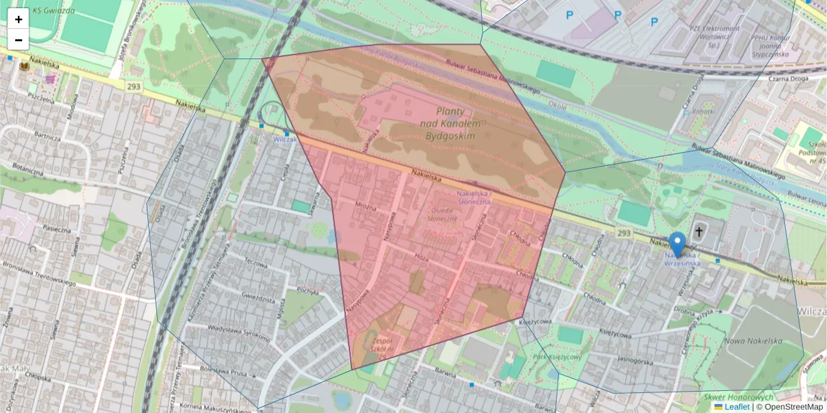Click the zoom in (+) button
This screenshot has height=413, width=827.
(19, 19)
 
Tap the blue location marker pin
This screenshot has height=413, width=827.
(678, 244)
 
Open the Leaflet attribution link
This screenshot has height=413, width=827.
(736, 407)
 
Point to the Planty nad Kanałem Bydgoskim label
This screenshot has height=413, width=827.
(449, 124)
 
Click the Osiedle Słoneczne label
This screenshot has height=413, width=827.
(442, 214)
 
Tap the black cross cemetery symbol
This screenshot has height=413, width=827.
(699, 233)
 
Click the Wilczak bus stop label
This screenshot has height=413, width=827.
(285, 138)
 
